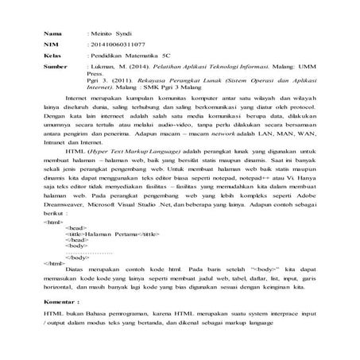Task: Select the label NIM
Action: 52,48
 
